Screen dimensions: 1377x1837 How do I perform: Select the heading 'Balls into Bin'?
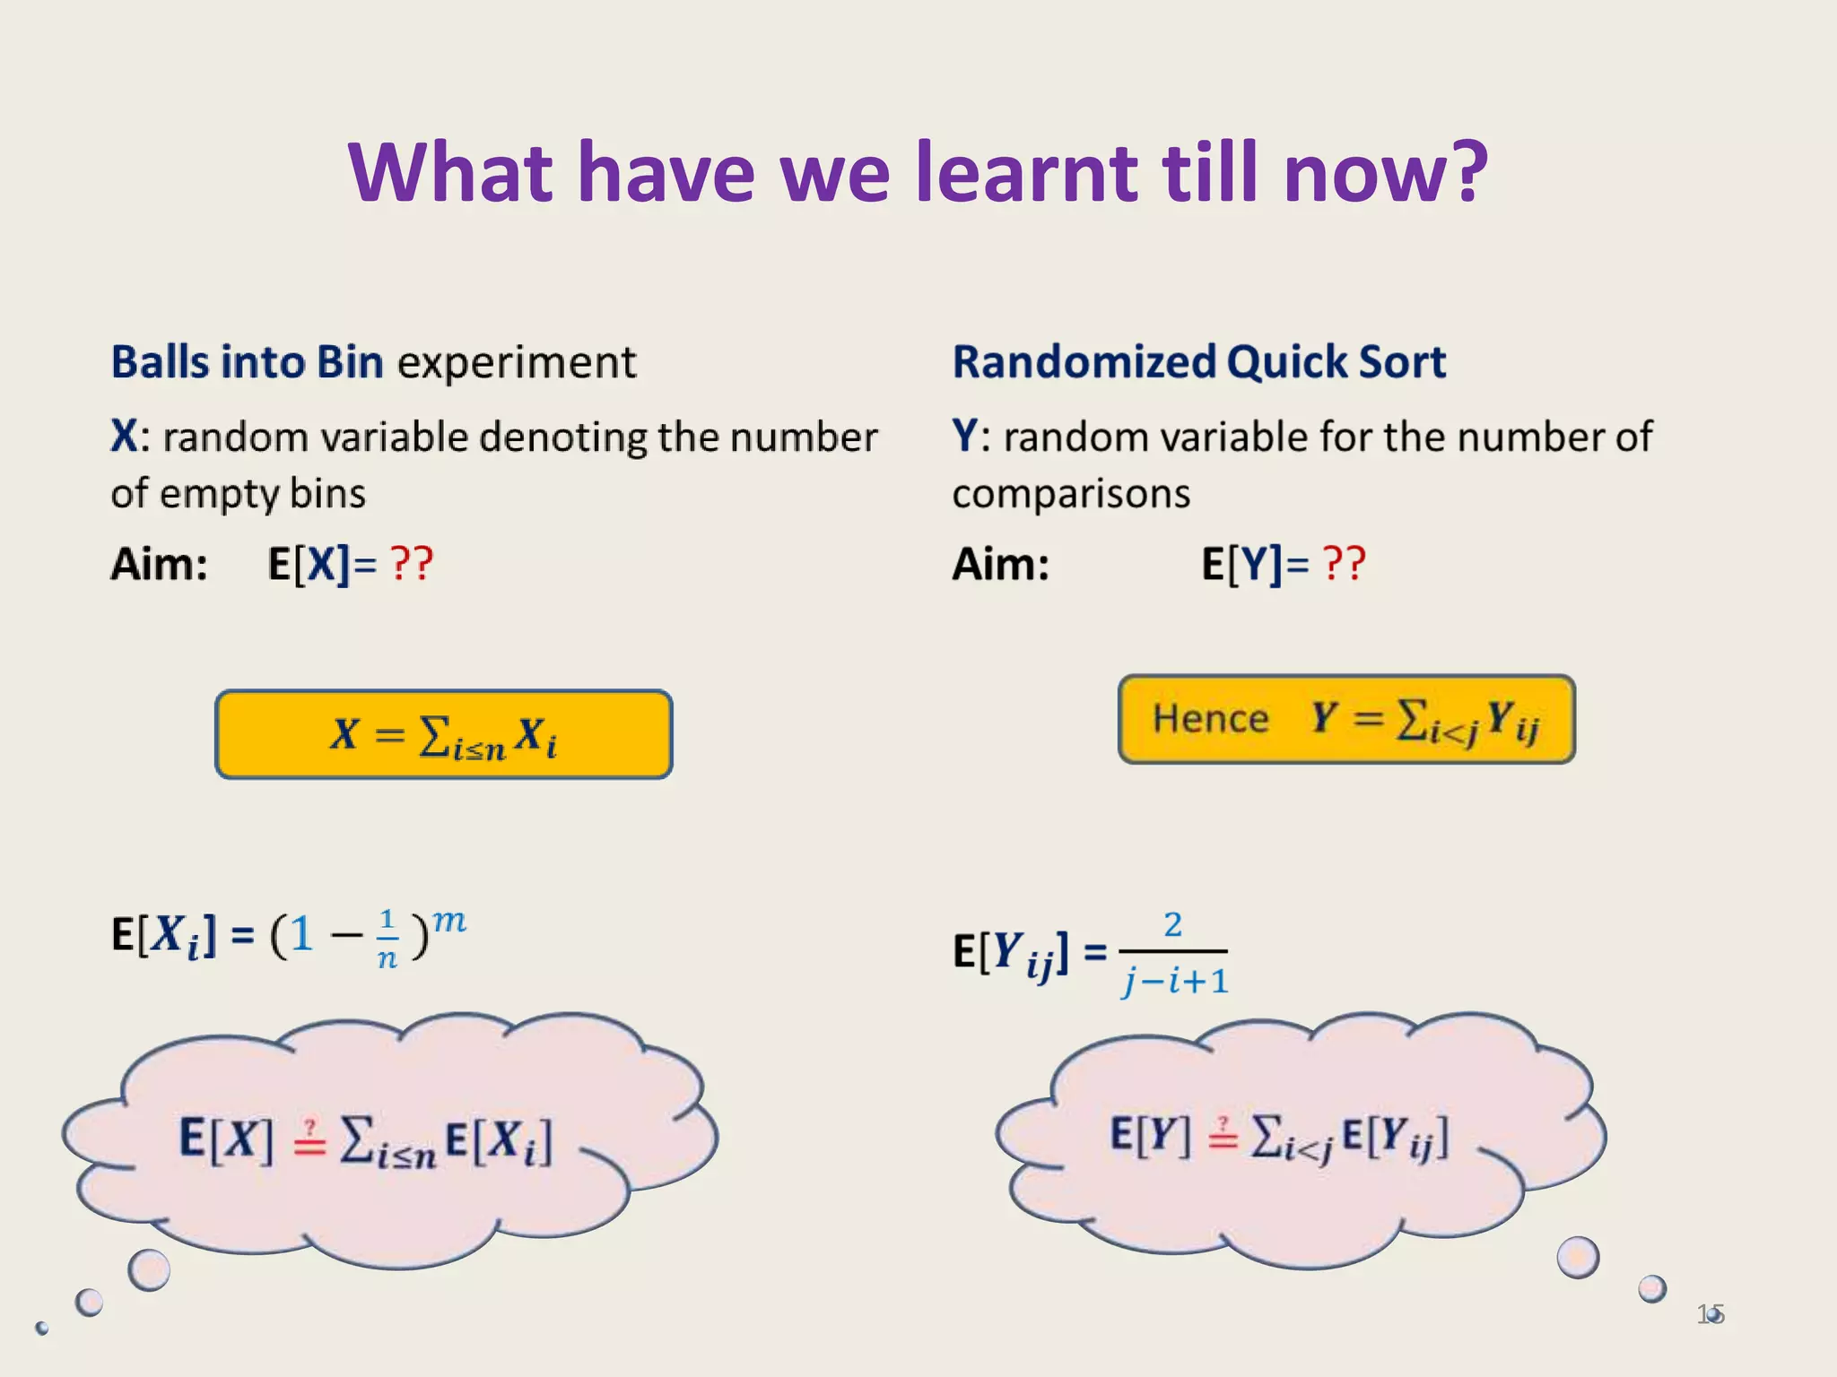247,362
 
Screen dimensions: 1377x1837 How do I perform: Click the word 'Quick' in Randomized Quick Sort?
1285,362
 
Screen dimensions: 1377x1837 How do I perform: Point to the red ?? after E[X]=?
412,565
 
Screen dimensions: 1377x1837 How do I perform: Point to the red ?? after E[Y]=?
1344,565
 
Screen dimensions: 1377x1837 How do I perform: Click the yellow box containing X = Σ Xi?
443,734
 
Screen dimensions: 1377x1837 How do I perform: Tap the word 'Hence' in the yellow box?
1210,719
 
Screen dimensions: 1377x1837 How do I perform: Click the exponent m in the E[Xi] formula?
448,921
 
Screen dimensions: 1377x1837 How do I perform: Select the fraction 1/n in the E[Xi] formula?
387,938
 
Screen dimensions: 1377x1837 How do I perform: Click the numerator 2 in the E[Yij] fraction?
1172,924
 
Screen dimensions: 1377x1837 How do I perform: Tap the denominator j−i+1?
1175,981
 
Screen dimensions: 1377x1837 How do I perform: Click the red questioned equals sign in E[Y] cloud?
1222,1135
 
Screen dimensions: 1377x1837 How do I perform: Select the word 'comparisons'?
1071,494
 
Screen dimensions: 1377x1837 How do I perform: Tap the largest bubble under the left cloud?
149,1269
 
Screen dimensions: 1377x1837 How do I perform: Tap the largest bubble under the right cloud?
1578,1257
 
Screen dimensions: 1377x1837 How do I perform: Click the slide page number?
1710,1314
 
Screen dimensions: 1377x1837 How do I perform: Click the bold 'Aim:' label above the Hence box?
1000,565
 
